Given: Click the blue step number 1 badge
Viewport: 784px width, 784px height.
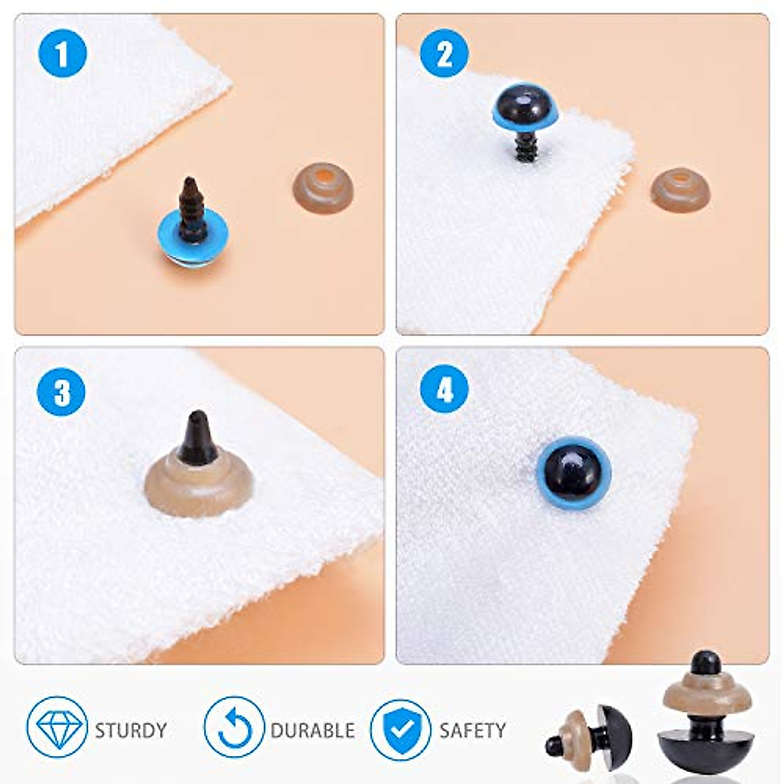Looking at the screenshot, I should click(x=63, y=54).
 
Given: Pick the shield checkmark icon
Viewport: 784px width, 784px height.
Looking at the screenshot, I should click(x=400, y=729).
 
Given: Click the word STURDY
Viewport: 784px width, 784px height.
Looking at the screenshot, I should click(x=131, y=730).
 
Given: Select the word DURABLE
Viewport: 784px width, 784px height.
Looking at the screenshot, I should click(x=312, y=730).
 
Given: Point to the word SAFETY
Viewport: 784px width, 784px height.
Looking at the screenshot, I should click(x=472, y=730).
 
